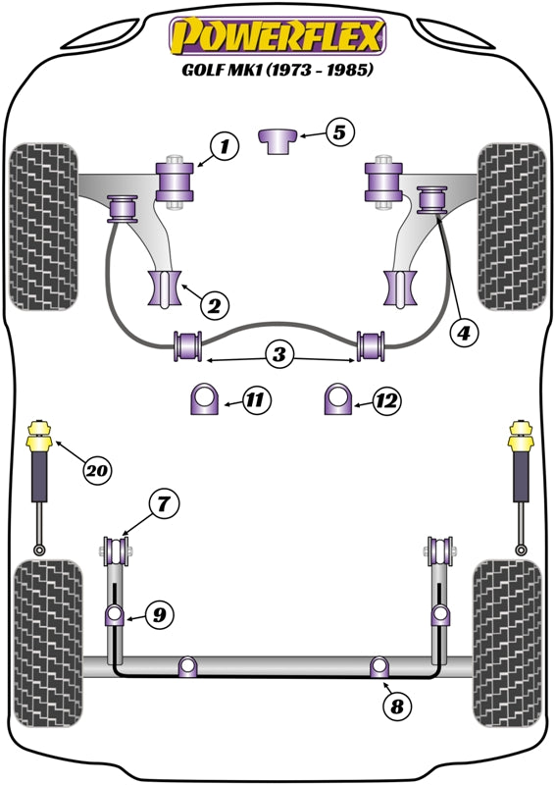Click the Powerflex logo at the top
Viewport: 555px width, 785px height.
(277, 36)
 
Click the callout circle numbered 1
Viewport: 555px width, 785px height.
(225, 146)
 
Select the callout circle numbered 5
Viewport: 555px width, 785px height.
(340, 132)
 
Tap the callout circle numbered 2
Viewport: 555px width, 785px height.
(214, 305)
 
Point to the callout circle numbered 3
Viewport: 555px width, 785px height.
(278, 354)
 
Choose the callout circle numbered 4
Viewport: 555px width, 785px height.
(464, 332)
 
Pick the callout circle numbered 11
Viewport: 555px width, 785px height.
(256, 400)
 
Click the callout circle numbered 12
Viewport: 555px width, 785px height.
(387, 400)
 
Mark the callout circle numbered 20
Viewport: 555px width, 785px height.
(98, 470)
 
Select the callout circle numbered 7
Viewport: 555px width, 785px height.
(164, 504)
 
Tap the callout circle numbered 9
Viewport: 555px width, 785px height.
(159, 614)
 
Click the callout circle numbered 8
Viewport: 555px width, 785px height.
(397, 706)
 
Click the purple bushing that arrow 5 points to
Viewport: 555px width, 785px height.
(278, 140)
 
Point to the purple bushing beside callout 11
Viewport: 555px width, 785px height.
(204, 398)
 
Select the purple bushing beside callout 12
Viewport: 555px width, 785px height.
(338, 398)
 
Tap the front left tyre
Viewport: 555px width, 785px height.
(44, 227)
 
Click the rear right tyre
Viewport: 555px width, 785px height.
(508, 644)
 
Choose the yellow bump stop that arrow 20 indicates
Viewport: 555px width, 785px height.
(39, 437)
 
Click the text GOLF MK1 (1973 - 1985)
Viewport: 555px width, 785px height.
(277, 70)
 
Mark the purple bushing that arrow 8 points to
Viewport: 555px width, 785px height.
(379, 666)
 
